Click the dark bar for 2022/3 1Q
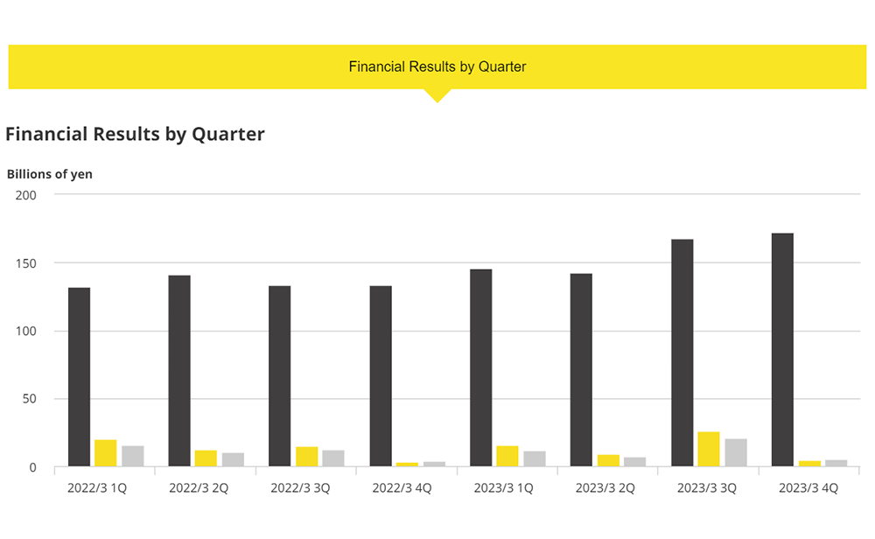(x=79, y=377)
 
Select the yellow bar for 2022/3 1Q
(x=105, y=453)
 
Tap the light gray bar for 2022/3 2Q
(x=233, y=459)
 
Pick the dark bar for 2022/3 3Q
(x=280, y=376)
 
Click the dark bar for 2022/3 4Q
(x=381, y=376)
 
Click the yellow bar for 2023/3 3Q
(x=709, y=449)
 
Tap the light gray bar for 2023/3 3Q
(x=736, y=452)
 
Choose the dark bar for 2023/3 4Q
(x=782, y=350)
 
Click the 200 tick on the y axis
(x=26, y=194)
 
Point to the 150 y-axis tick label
(x=26, y=262)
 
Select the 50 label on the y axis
(x=30, y=399)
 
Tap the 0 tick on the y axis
(x=33, y=467)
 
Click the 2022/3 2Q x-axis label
(x=198, y=488)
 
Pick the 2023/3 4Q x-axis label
(x=808, y=488)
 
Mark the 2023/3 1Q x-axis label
(x=503, y=488)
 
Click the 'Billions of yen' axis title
(x=50, y=173)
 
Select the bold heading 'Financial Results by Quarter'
(x=135, y=134)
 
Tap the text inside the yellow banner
(x=437, y=66)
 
